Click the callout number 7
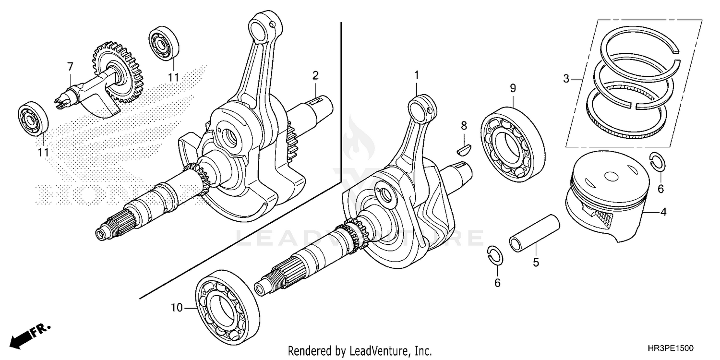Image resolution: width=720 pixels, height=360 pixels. click(70, 66)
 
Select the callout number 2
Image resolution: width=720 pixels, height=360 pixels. click(315, 75)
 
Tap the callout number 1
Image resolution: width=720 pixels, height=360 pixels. click(417, 75)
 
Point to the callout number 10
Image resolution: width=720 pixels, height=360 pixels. click(177, 308)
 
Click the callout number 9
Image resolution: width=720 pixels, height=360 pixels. click(513, 88)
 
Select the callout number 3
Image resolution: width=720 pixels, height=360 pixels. click(566, 78)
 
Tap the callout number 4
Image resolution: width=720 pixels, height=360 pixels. click(663, 212)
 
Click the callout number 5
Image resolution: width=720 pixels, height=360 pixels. click(536, 263)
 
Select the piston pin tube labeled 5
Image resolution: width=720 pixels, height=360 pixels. click(535, 232)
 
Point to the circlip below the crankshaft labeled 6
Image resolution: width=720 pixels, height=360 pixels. click(494, 255)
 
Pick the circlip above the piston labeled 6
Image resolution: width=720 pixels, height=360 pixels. click(656, 162)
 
